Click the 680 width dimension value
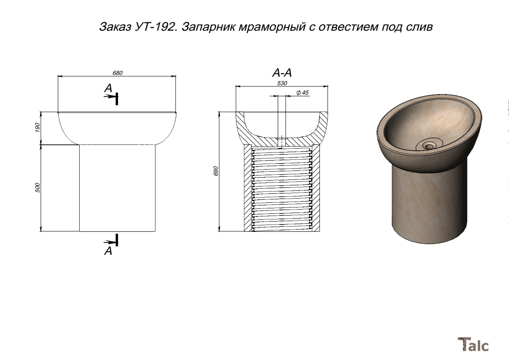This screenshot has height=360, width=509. coord(118,73)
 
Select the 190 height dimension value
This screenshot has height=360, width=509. coord(37,127)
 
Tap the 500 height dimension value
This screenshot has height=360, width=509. coord(37,187)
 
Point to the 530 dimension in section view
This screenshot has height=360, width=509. coord(282,83)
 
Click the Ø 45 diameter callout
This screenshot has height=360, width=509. coord(302,93)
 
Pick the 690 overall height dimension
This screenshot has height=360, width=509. coord(216,171)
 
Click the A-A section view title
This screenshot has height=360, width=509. coord(282,73)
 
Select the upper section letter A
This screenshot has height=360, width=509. coord(108,88)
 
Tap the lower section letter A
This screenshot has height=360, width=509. coord(108,251)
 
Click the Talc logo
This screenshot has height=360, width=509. coord(473,344)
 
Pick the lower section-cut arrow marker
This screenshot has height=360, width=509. coord(112,240)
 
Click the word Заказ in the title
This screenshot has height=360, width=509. coord(115,26)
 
